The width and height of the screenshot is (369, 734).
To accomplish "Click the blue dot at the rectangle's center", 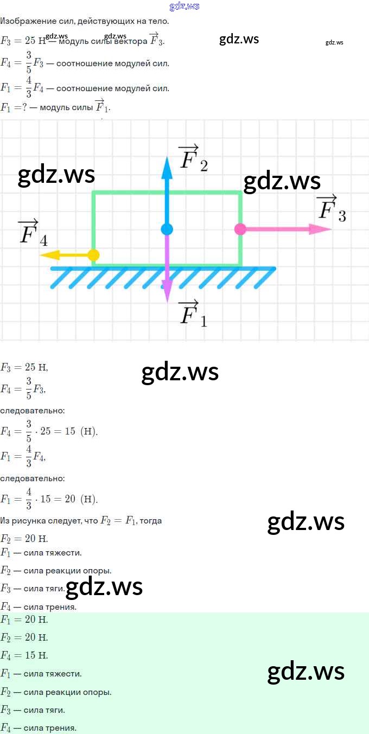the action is pyautogui.click(x=167, y=229).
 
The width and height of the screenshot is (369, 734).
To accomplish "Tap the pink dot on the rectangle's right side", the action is pyautogui.click(x=240, y=229).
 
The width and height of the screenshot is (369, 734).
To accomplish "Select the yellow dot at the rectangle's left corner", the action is pyautogui.click(x=93, y=255).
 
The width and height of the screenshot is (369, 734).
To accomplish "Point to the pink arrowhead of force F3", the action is pyautogui.click(x=320, y=229).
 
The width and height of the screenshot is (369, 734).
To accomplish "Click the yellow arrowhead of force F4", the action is pyautogui.click(x=49, y=255).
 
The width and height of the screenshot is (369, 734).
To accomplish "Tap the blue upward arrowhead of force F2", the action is pyautogui.click(x=167, y=168).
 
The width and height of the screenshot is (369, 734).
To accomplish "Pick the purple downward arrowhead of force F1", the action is pyautogui.click(x=167, y=291).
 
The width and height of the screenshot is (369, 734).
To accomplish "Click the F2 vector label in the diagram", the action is pyautogui.click(x=193, y=158).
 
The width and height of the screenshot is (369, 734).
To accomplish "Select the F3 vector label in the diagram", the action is pyautogui.click(x=332, y=208).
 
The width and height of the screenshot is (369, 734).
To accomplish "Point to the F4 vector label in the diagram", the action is pyautogui.click(x=33, y=233).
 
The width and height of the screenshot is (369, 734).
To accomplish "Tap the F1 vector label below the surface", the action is pyautogui.click(x=193, y=314).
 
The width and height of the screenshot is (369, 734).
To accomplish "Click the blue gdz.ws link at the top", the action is pyautogui.click(x=184, y=6).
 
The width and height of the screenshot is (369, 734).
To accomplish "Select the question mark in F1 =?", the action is pyautogui.click(x=24, y=107).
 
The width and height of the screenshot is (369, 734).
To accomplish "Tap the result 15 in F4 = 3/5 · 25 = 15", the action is pyautogui.click(x=70, y=431).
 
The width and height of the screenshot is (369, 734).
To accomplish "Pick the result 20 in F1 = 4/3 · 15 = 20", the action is pyautogui.click(x=70, y=499).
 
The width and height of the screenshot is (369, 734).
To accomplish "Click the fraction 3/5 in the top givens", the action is pyautogui.click(x=29, y=62).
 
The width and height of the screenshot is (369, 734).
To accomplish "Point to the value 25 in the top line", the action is pyautogui.click(x=30, y=40).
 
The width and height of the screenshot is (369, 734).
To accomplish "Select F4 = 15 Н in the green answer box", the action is pyautogui.click(x=24, y=655).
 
